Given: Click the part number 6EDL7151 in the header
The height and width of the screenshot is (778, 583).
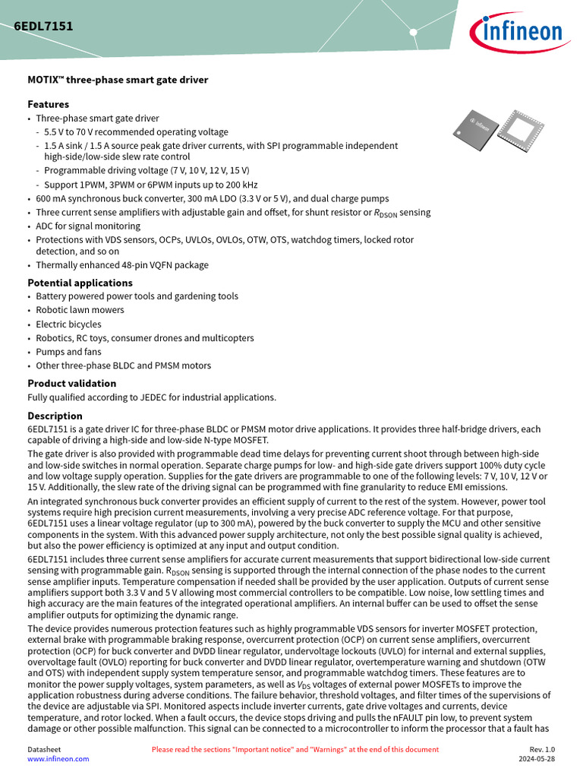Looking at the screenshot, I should (x=43, y=26).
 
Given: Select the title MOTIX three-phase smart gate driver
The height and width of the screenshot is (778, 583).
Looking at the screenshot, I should (x=118, y=80).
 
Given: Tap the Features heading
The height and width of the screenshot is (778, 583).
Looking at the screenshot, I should (x=48, y=104).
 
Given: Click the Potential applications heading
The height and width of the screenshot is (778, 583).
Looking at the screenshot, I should (x=80, y=283).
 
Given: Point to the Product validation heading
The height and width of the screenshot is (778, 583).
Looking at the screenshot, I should (x=72, y=384).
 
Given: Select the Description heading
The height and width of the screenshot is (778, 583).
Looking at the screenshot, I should (x=55, y=416).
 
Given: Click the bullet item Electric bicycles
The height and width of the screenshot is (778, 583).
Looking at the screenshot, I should (x=68, y=324).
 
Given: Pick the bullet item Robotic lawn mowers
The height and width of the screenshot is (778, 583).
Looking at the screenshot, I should (x=80, y=310).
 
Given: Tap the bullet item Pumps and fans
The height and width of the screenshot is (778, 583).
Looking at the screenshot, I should (x=68, y=352).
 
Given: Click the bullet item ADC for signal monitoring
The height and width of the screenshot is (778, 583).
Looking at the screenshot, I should (x=88, y=226).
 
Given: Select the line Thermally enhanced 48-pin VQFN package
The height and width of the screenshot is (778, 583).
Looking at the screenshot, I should (x=122, y=265).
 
